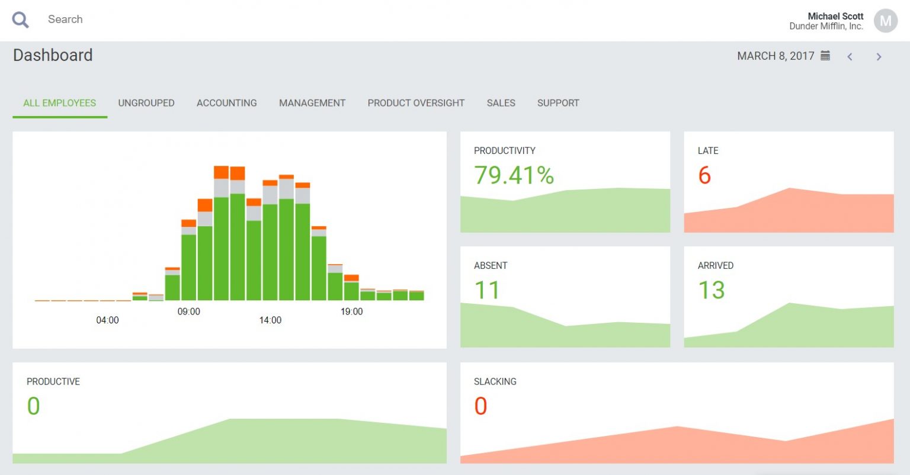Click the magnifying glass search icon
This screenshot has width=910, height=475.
pyautogui.click(x=21, y=20)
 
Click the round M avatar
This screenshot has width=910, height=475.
pyautogui.click(x=885, y=21)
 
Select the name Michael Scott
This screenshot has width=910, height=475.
pyautogui.click(x=835, y=16)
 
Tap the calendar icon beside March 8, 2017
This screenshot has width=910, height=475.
pyautogui.click(x=825, y=56)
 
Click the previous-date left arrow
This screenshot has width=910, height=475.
pyautogui.click(x=850, y=57)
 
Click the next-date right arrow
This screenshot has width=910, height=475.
pyautogui.click(x=879, y=57)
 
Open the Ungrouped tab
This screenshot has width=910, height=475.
pyautogui.click(x=146, y=103)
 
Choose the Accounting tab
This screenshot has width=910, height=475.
pyautogui.click(x=227, y=103)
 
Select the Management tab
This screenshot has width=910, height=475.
pyautogui.click(x=312, y=103)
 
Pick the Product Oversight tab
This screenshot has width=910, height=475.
pyautogui.click(x=416, y=103)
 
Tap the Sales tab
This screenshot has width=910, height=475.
pyautogui.click(x=501, y=103)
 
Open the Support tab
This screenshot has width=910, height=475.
pyautogui.click(x=558, y=103)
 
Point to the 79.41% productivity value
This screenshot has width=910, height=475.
pyautogui.click(x=514, y=175)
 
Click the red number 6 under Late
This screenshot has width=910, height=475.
pyautogui.click(x=704, y=175)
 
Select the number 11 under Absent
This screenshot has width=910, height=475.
pyautogui.click(x=487, y=290)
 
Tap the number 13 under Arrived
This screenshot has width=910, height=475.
pyautogui.click(x=712, y=290)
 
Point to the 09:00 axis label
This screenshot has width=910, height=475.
pyautogui.click(x=189, y=312)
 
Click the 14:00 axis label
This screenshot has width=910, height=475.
pyautogui.click(x=270, y=320)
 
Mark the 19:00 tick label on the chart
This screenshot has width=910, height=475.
pyautogui.click(x=351, y=312)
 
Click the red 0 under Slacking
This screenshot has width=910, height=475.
pyautogui.click(x=480, y=406)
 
